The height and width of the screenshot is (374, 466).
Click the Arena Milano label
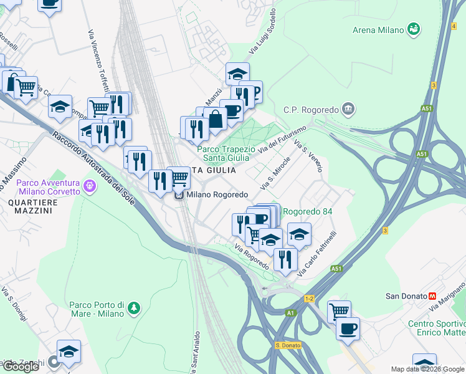[378, 29]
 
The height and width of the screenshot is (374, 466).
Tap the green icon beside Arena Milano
[413, 29]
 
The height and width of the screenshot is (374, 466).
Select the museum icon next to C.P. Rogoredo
[348, 110]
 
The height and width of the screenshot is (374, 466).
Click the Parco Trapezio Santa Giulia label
[226, 153]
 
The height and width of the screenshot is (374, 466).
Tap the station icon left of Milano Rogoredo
[179, 195]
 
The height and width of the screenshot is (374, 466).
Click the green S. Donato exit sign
[288, 345]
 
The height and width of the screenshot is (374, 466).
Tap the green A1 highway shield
[290, 313]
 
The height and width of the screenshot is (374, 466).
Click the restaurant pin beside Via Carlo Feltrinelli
[285, 258]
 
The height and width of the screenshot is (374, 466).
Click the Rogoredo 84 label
[307, 211]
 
